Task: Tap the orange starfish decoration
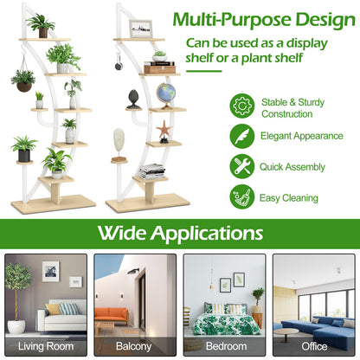(164, 131)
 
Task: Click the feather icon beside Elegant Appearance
(242, 136)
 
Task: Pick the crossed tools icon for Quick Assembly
(242, 166)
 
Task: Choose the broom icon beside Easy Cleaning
(242, 196)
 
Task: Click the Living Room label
(47, 347)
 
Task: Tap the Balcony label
(135, 347)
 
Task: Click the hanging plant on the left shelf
(24, 80)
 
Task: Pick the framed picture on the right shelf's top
(141, 29)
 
